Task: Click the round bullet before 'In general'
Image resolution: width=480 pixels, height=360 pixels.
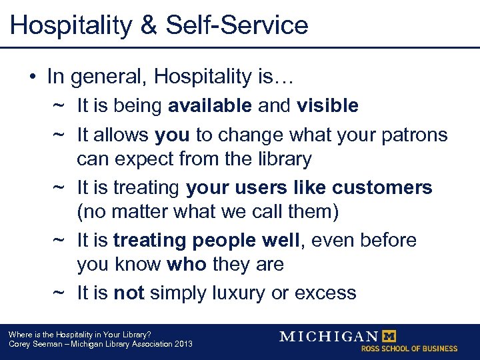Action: pyautogui.click(x=33, y=77)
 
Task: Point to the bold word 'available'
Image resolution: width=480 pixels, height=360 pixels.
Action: pyautogui.click(x=210, y=105)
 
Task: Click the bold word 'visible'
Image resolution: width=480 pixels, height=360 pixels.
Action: pyautogui.click(x=327, y=105)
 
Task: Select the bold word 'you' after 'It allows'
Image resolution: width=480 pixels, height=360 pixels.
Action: pyautogui.click(x=172, y=135)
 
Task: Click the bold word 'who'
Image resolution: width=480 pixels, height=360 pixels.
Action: pyautogui.click(x=187, y=265)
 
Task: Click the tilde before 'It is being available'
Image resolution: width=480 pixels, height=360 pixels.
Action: pyautogui.click(x=59, y=105)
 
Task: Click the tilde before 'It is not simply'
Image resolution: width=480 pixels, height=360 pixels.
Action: pyautogui.click(x=59, y=293)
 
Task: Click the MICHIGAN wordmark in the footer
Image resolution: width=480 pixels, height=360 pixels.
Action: pyautogui.click(x=329, y=336)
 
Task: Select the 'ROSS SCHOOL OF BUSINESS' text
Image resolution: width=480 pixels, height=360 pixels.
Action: pyautogui.click(x=409, y=349)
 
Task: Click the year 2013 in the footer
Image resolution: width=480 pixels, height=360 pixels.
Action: pyautogui.click(x=182, y=344)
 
